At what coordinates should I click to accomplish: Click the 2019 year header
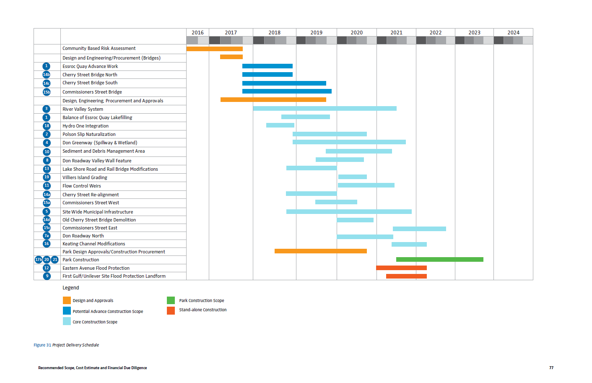[316, 33]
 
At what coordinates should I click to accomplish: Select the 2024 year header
[513, 33]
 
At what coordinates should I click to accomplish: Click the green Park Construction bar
[439, 260]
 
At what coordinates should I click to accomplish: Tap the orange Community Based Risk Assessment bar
[214, 49]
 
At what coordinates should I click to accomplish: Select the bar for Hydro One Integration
[280, 125]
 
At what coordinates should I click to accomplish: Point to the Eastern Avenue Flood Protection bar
[401, 268]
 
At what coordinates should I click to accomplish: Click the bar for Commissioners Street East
[419, 229]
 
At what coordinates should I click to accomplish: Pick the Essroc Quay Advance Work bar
[267, 66]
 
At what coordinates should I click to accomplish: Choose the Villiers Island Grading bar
[352, 177]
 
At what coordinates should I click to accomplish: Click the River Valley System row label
[83, 109]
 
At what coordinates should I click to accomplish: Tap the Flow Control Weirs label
[82, 186]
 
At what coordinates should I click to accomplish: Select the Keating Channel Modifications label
[93, 244]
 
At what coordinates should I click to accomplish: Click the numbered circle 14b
[47, 75]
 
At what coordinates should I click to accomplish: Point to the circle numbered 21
[55, 260]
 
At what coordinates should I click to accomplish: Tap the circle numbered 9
[47, 276]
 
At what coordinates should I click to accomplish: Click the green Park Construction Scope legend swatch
[171, 300]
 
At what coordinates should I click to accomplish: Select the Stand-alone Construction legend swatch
[171, 310]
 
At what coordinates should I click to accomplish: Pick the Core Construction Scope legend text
[95, 322]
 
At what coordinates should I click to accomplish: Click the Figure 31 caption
[66, 345]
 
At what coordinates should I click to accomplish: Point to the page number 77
[551, 368]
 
